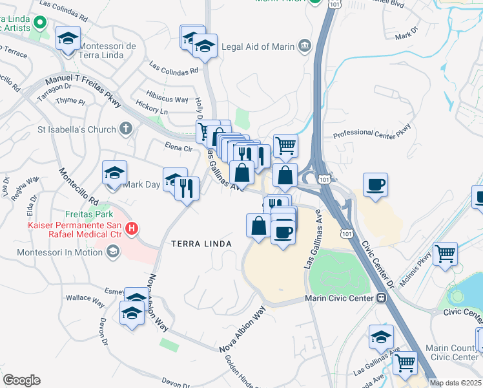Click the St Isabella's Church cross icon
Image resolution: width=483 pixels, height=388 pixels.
126,128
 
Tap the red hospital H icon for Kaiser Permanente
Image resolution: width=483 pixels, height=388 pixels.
132,228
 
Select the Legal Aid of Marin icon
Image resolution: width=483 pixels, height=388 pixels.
304,46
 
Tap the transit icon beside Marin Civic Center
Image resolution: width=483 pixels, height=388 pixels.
382,298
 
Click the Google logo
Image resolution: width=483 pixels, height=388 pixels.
21,380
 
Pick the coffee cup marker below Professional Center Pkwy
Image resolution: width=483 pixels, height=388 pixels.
375,185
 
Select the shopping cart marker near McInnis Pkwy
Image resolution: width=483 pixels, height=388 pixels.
445,253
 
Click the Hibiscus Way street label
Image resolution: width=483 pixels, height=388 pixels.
167,100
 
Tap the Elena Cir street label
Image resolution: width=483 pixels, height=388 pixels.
178,148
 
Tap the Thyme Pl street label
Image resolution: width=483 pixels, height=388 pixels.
70,102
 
